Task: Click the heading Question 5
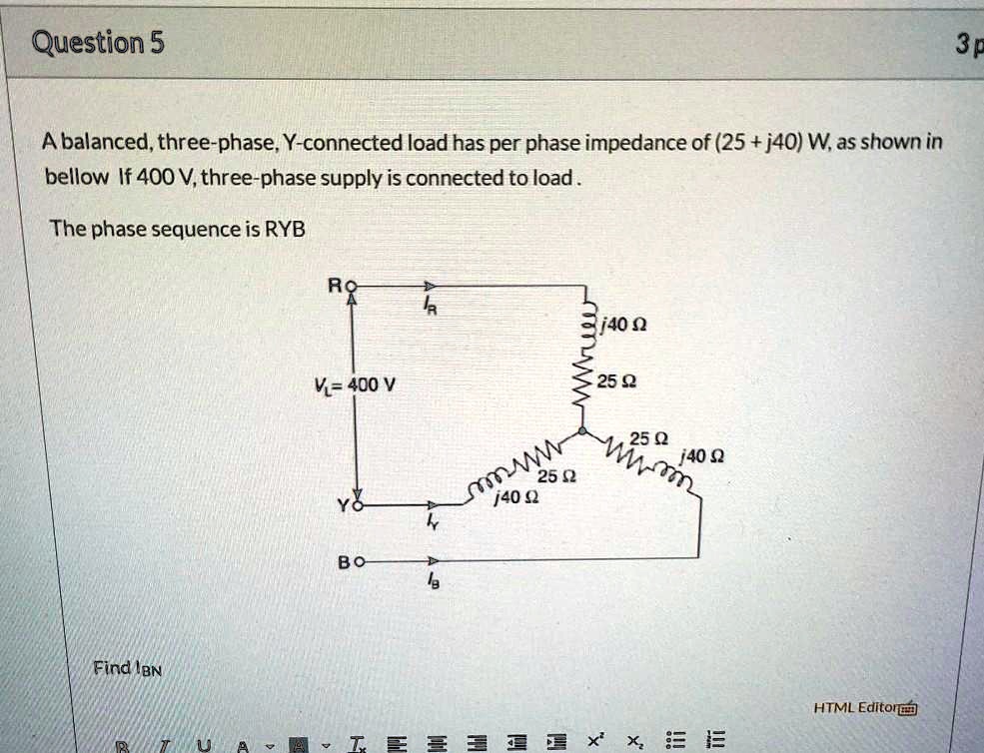click(99, 43)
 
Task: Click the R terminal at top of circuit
click(350, 286)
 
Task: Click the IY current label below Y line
click(431, 524)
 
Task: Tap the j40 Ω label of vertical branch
click(626, 325)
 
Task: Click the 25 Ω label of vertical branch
click(612, 380)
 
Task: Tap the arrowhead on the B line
click(431, 562)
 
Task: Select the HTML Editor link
click(864, 708)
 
